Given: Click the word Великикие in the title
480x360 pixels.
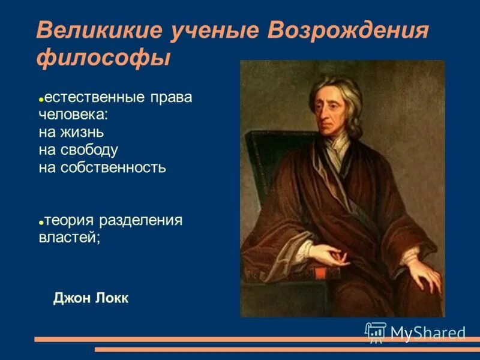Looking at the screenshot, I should tap(101, 31).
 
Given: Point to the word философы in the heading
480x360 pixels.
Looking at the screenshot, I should tap(103, 59).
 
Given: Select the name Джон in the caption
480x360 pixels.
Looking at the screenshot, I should tap(70, 298).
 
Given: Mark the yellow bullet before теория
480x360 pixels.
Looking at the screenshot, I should tap(41, 222).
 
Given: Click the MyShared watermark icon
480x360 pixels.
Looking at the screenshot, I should tap(375, 332).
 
